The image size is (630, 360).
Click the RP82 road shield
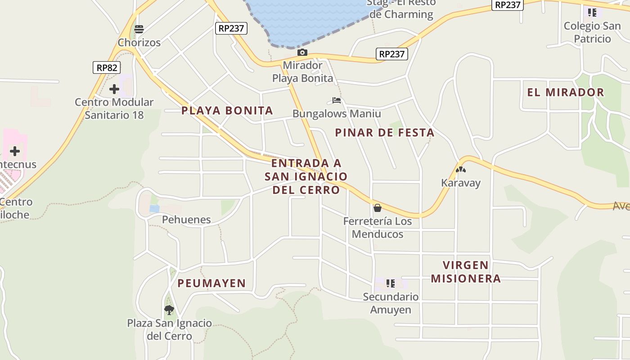pyautogui.click(x=107, y=68)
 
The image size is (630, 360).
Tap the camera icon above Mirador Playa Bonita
pyautogui.click(x=302, y=53)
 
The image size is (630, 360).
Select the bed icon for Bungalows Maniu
pyautogui.click(x=337, y=100)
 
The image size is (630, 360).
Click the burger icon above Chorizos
pyautogui.click(x=139, y=30)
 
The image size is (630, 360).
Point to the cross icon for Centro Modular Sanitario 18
pyautogui.click(x=114, y=89)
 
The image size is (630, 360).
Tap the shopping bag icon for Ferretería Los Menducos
pyautogui.click(x=378, y=208)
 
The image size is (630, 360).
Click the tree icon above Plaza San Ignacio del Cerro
pyautogui.click(x=169, y=310)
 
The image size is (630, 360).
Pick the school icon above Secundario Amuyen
pyautogui.click(x=391, y=283)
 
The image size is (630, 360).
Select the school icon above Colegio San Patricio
pyautogui.click(x=592, y=13)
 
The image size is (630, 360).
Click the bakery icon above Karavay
pyautogui.click(x=460, y=170)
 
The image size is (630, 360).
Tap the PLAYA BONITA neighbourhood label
pyautogui.click(x=227, y=110)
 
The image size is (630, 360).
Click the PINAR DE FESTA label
pyautogui.click(x=385, y=132)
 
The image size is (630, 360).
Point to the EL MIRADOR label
pyautogui.click(x=566, y=92)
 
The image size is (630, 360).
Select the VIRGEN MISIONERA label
pyautogui.click(x=466, y=272)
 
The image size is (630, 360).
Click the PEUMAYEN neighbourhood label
pyautogui.click(x=211, y=283)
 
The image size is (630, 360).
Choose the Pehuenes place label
pyautogui.click(x=186, y=220)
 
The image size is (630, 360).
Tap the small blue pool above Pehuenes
pyautogui.click(x=154, y=209)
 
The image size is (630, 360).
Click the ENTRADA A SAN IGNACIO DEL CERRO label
pyautogui.click(x=306, y=176)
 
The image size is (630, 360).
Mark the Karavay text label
pyautogui.click(x=461, y=183)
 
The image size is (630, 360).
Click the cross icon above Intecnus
pyautogui.click(x=15, y=151)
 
